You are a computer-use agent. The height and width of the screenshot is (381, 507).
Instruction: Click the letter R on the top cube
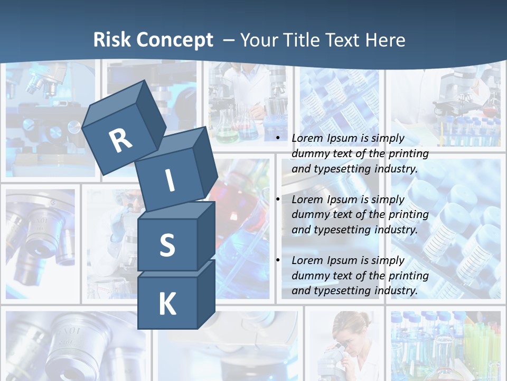(x=120, y=140)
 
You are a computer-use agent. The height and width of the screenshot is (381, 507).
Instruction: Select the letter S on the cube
(x=167, y=246)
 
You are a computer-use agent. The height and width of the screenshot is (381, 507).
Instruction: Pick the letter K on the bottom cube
(x=167, y=304)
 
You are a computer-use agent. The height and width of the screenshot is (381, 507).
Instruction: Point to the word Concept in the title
(x=174, y=40)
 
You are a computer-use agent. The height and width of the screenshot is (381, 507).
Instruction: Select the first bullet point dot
(x=278, y=139)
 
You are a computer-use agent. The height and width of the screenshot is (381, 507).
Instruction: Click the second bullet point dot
(x=278, y=199)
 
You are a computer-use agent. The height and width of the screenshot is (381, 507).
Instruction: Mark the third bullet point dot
(x=278, y=260)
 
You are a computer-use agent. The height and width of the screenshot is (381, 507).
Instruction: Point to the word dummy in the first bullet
(x=309, y=153)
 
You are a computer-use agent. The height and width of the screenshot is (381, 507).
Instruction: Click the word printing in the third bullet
(x=408, y=275)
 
